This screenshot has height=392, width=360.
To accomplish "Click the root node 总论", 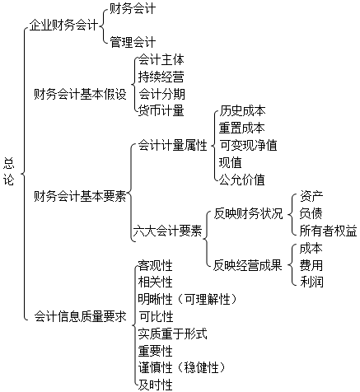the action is click(8, 172).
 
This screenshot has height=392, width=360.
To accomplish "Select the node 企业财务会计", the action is click(63, 26).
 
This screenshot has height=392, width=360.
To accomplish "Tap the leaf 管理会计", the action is click(133, 42).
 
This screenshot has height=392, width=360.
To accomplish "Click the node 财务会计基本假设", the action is click(80, 94).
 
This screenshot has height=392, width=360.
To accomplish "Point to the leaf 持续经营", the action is click(161, 77).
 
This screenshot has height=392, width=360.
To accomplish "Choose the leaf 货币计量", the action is click(161, 111).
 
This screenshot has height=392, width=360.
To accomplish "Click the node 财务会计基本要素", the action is click(80, 197).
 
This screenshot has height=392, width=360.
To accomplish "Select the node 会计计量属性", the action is click(172, 145).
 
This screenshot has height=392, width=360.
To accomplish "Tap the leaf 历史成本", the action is click(242, 111).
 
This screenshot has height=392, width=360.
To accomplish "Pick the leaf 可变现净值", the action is click(248, 145).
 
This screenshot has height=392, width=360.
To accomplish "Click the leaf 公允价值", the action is click(242, 180).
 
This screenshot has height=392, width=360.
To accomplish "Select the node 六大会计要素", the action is click(167, 231).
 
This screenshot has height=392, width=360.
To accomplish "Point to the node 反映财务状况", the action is click(248, 214).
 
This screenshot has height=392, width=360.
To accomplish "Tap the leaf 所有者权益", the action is click(328, 231).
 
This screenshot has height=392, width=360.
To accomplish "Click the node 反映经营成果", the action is click(248, 265).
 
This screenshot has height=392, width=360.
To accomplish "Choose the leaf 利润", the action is click(311, 282).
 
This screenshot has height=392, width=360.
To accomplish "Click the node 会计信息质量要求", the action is click(80, 316).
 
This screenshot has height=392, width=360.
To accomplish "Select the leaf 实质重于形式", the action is click(172, 334).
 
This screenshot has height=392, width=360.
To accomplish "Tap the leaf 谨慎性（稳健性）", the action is click(182, 368).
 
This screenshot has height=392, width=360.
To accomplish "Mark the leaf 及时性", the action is click(156, 385).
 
